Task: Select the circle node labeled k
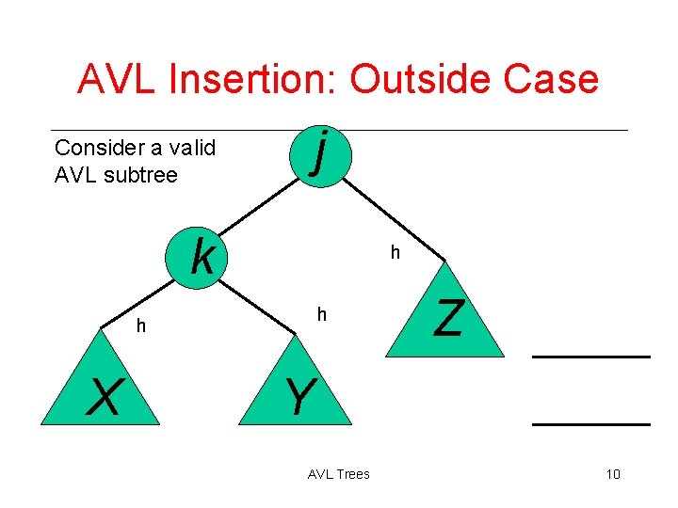pyautogui.click(x=200, y=255)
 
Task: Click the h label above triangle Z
pyautogui.click(x=395, y=252)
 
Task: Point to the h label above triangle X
pyautogui.click(x=140, y=325)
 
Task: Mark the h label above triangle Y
pyautogui.click(x=321, y=314)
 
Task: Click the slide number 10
pyautogui.click(x=612, y=473)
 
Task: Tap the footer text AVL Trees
pyautogui.click(x=338, y=474)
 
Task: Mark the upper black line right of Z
pyautogui.click(x=591, y=357)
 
